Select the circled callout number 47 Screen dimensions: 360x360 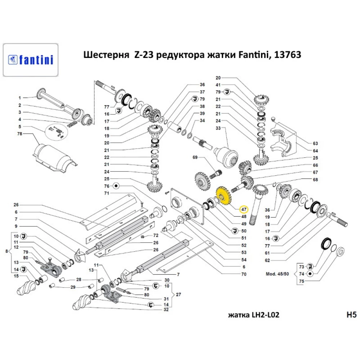(x=244, y=209)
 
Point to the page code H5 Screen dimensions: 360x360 (x=351, y=315)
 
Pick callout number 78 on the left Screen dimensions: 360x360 (x=19, y=134)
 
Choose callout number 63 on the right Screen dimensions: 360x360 (x=315, y=143)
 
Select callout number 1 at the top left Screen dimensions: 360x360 (x=21, y=98)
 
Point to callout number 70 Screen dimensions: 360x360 (x=244, y=274)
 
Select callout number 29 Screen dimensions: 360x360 (x=73, y=287)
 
